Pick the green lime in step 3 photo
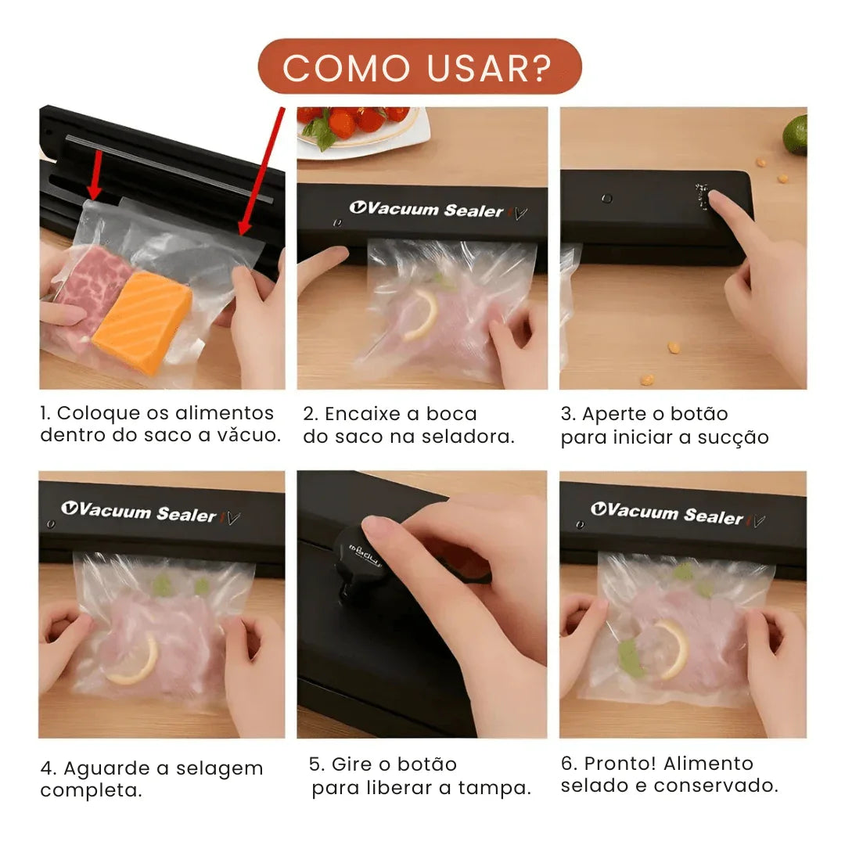(795, 134)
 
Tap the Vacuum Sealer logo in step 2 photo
(426, 209)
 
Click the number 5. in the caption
(317, 764)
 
